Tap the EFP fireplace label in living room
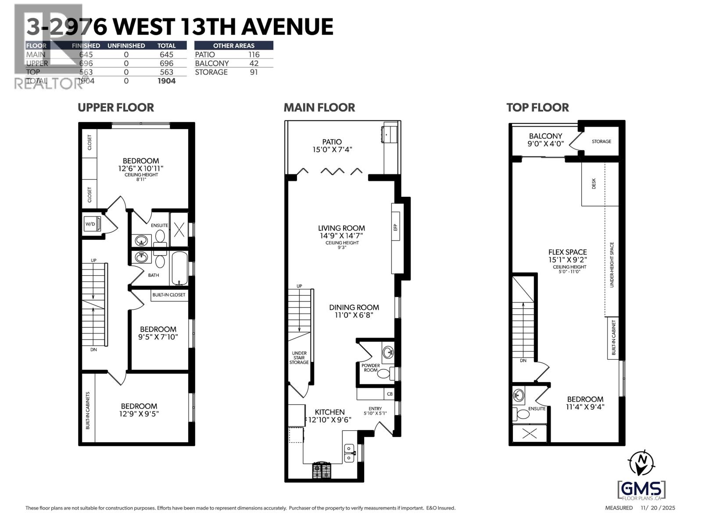pos(395,227)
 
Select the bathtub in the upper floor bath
pos(179,268)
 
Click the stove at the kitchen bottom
pos(322,471)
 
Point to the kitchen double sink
pos(349,453)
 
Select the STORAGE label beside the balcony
pos(601,141)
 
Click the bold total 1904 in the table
pos(166,81)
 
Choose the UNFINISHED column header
pos(126,46)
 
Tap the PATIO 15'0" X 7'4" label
pos(332,145)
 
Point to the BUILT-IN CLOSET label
pos(169,295)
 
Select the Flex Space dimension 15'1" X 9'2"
pos(567,260)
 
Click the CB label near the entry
pos(390,394)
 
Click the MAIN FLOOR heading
pos(319,108)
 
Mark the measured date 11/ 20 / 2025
pos(658,508)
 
